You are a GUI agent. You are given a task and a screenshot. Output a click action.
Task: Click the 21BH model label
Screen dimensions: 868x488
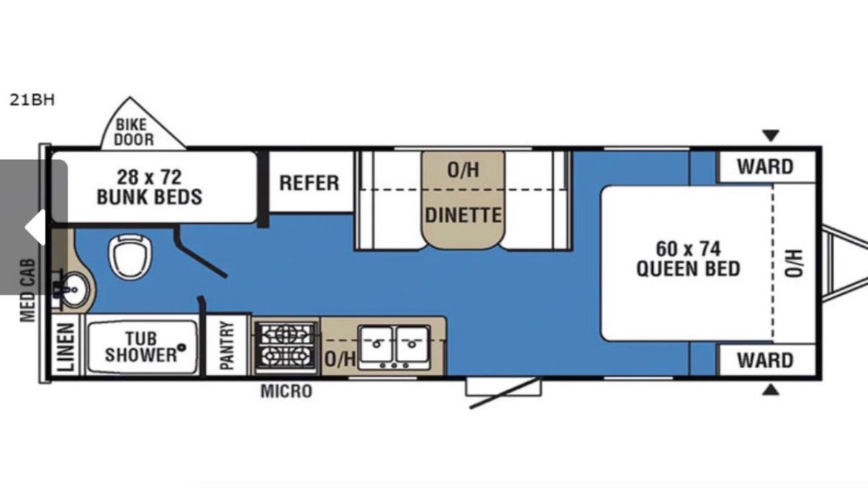[32, 100]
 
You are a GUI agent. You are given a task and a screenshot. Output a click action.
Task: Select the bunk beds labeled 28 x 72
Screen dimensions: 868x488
[154, 187]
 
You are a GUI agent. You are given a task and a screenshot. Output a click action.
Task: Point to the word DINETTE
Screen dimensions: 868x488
[464, 215]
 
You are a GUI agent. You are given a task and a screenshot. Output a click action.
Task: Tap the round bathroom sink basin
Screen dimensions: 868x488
[74, 289]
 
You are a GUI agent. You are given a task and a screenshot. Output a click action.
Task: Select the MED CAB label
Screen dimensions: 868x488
[28, 290]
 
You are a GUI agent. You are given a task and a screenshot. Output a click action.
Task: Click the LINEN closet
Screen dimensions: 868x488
[65, 345]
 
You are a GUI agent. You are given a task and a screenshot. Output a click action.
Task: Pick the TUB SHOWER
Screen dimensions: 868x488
[143, 347]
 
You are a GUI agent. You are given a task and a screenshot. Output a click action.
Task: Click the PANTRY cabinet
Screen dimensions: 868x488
[227, 345]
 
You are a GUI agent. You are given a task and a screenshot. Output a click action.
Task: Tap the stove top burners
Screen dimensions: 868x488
[286, 345]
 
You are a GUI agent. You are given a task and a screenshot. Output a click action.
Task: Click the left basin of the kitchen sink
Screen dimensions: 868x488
[376, 343]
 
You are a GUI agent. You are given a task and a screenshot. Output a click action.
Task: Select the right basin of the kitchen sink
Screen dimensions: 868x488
[412, 343]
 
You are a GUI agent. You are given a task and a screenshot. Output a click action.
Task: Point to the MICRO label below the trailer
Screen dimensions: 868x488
[286, 392]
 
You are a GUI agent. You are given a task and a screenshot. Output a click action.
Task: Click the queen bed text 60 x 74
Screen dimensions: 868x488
[688, 249]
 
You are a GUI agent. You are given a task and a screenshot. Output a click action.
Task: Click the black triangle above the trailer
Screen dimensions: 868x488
[771, 135]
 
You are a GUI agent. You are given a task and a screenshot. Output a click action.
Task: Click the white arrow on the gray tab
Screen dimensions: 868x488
[35, 227]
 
